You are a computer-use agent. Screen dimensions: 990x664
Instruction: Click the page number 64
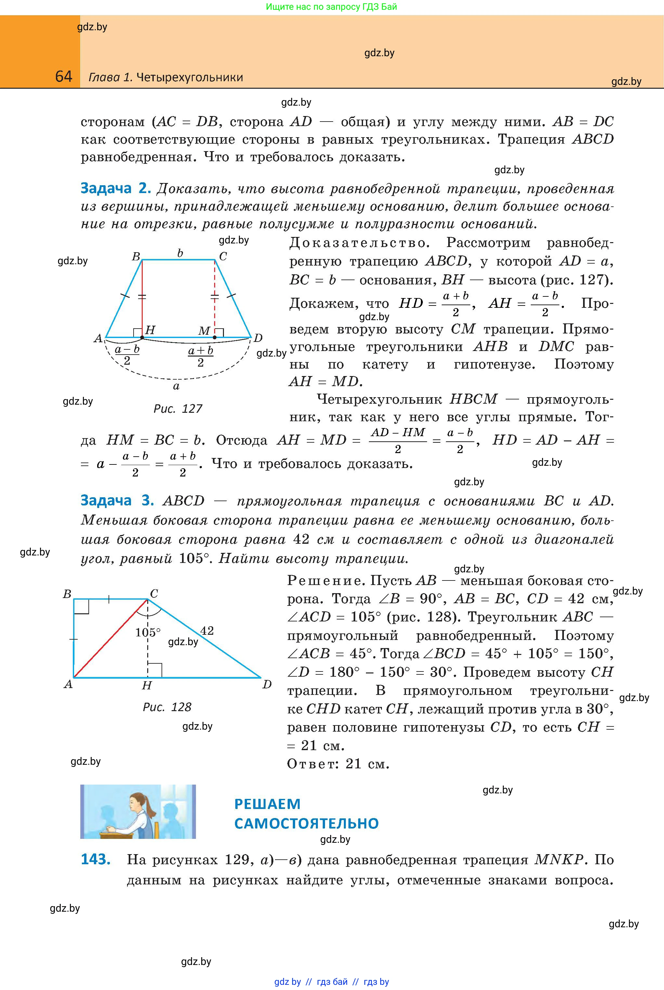click(x=63, y=76)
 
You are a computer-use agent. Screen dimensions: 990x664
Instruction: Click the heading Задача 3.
click(x=117, y=500)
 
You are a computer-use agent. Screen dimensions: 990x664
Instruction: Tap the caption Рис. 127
click(x=177, y=409)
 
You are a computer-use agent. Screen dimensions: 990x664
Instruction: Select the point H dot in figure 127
click(x=142, y=337)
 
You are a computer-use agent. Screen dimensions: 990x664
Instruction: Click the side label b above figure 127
click(x=180, y=253)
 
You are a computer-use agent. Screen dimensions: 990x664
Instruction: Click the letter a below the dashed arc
click(x=176, y=386)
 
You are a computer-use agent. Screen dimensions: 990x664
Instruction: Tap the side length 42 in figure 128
click(x=207, y=631)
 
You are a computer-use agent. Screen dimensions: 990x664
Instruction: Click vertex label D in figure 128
click(x=267, y=684)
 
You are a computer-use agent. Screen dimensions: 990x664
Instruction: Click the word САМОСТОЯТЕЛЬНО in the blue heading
click(x=306, y=823)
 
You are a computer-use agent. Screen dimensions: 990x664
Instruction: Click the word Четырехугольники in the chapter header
click(x=190, y=77)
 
